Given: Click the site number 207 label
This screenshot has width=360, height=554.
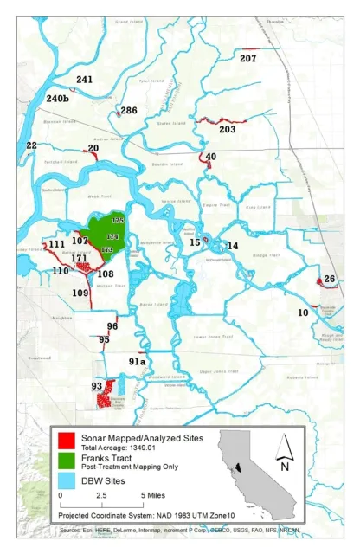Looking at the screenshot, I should [x=248, y=59].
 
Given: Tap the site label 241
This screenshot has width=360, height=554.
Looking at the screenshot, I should [x=84, y=80].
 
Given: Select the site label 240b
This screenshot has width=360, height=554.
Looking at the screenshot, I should [x=58, y=99].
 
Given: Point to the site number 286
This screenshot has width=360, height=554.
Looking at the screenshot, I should [x=129, y=111].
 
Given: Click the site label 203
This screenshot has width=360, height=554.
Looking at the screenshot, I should [x=228, y=130].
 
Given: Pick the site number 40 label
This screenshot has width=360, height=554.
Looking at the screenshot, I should [x=211, y=157].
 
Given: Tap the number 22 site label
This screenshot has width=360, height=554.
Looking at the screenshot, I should [x=32, y=145].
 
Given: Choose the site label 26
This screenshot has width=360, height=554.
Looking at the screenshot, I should [x=329, y=279].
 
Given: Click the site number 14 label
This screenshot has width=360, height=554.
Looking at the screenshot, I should [x=232, y=247].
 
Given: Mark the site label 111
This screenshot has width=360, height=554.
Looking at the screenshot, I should [x=57, y=245].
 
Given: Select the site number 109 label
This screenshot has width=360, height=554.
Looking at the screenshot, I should [x=80, y=293].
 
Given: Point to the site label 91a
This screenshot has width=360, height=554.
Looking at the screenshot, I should [x=138, y=361].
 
